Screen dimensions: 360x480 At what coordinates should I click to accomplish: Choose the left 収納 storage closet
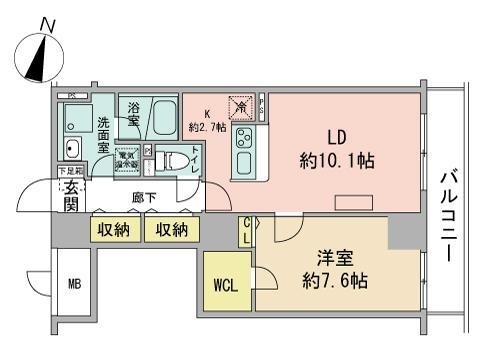113,230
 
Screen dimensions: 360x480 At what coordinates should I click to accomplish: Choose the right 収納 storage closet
171,230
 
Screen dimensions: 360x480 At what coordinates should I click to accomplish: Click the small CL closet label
245,231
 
